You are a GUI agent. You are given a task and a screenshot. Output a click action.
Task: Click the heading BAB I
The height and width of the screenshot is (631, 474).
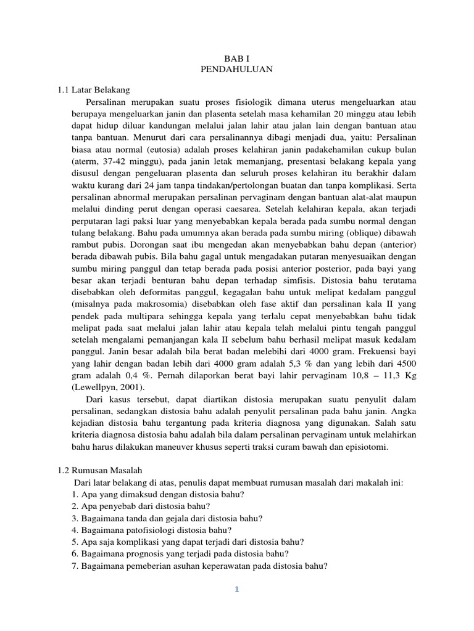(x=236, y=59)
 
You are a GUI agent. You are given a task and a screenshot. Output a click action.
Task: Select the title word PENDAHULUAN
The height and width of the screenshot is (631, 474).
(x=236, y=70)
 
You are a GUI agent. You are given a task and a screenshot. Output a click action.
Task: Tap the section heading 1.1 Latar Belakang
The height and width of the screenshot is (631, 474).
(x=93, y=90)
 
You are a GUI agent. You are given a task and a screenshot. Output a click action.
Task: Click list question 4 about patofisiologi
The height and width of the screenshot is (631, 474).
(x=152, y=530)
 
